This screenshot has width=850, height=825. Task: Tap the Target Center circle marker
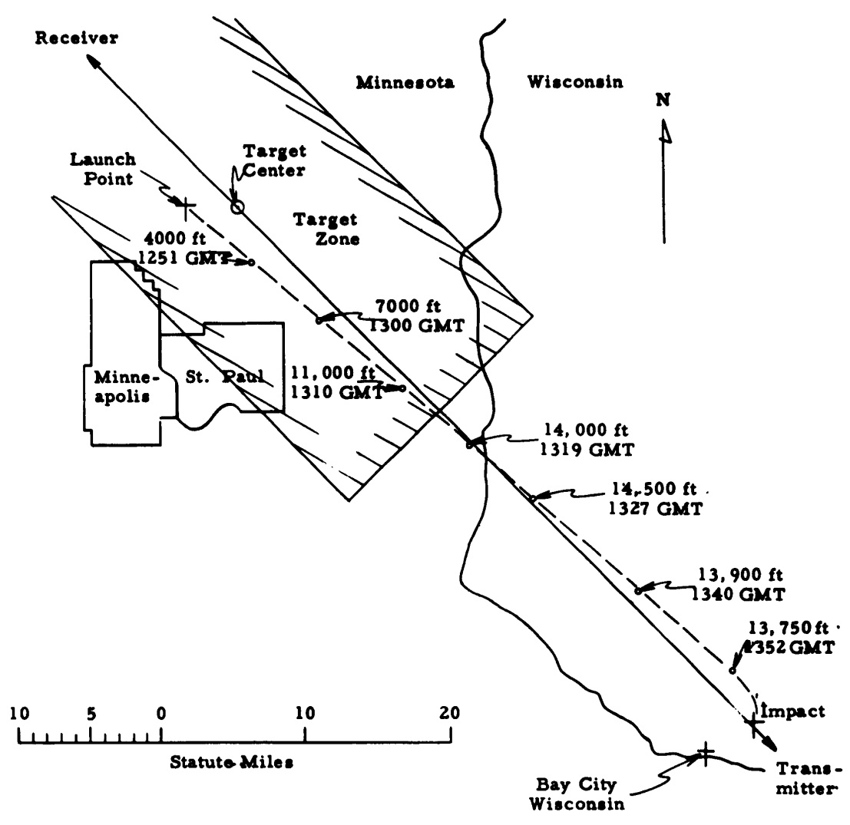coord(237,206)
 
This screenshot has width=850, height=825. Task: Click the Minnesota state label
coord(406,82)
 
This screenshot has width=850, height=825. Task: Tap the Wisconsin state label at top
coord(574,82)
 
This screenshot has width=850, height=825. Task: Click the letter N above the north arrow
coord(663,100)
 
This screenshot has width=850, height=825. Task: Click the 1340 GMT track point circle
coord(638,590)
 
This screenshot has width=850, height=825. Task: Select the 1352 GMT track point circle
coord(733,671)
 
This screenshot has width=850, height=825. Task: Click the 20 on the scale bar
coord(451,713)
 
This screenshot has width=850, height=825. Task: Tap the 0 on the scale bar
coord(161,713)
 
